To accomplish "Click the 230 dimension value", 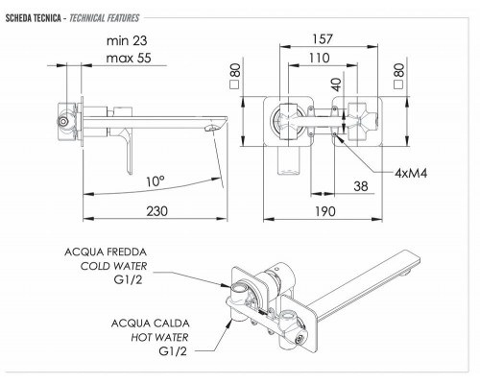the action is coord(156,211).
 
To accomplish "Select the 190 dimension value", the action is coord(325,211).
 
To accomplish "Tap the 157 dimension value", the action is coord(323,39).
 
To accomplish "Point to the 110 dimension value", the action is coord(319,58).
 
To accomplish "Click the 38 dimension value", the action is coord(361,186).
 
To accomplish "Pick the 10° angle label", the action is coord(156,181).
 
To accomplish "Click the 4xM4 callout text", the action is coord(411,173).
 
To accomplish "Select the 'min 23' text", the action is coord(127,40).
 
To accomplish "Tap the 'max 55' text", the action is coord(129,58).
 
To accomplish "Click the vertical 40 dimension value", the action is coord(337,84).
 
